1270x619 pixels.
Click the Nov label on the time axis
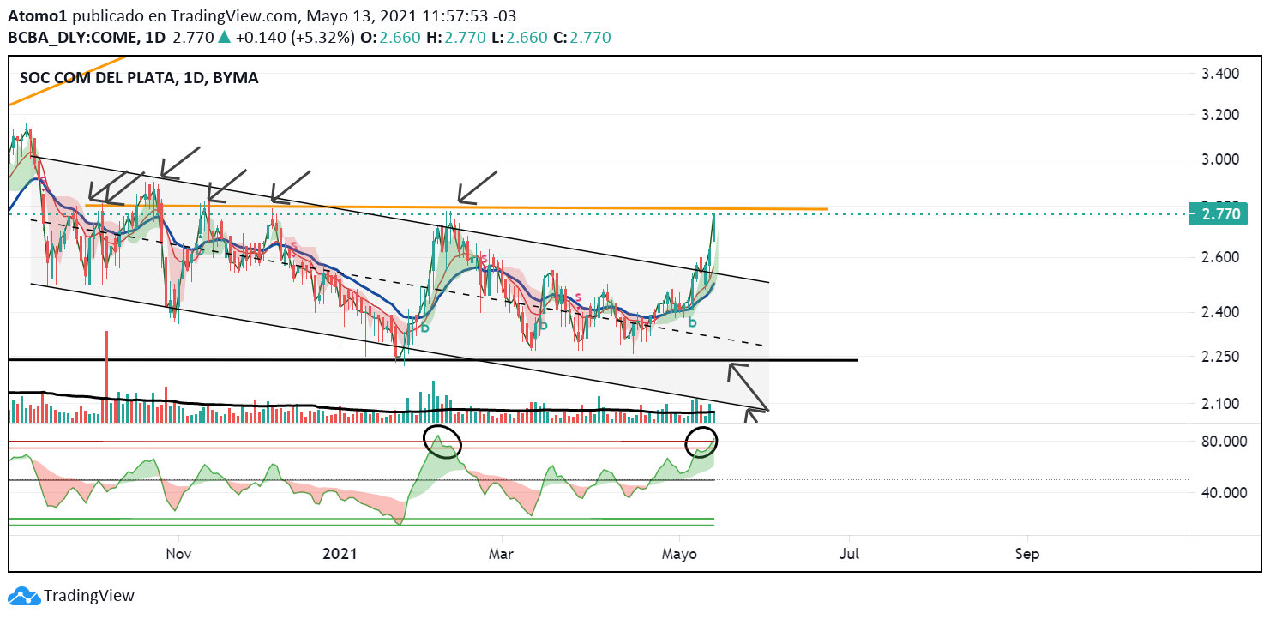(178, 554)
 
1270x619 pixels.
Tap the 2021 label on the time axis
(340, 554)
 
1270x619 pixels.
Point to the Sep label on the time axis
(1026, 554)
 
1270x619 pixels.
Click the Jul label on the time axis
(850, 554)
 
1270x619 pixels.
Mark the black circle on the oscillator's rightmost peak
(701, 442)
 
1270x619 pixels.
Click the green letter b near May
(692, 323)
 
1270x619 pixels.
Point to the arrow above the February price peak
(476, 186)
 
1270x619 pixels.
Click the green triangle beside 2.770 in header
(224, 37)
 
